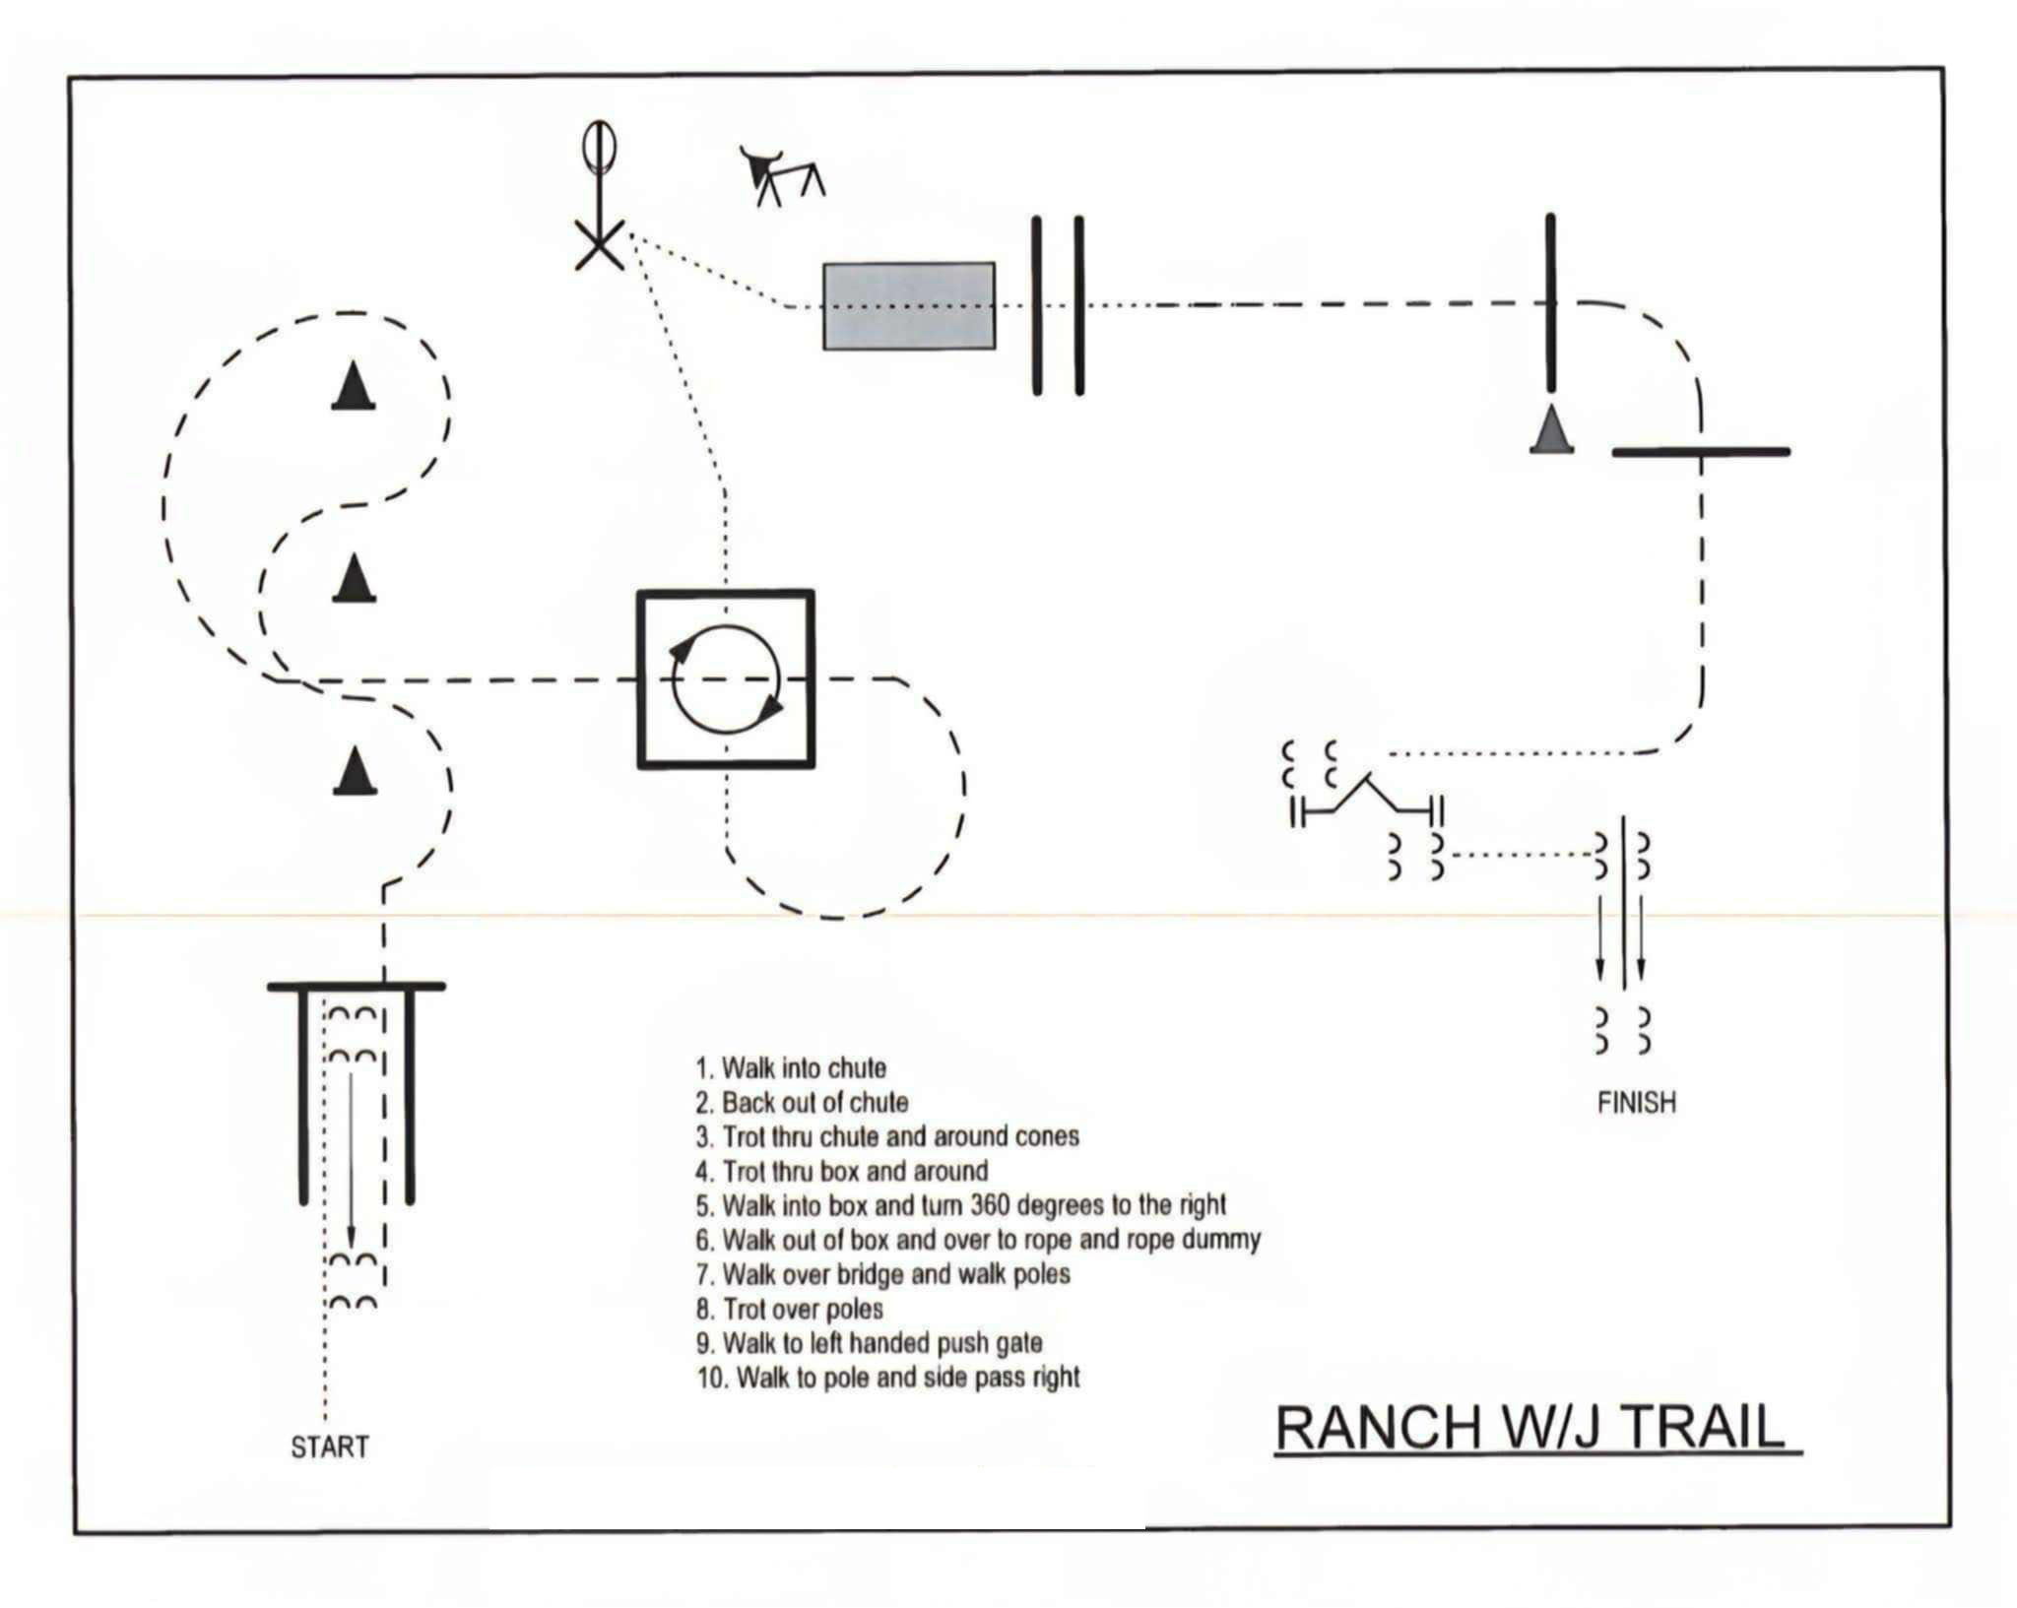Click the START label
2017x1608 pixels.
click(329, 1447)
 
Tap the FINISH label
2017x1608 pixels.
click(1636, 1102)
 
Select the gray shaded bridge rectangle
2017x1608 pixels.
click(908, 305)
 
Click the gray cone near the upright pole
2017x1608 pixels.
click(1551, 430)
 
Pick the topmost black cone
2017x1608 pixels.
click(354, 385)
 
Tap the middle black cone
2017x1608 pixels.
click(354, 578)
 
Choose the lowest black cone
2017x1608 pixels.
click(355, 770)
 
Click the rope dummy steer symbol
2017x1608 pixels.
click(781, 175)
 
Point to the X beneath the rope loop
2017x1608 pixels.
click(599, 243)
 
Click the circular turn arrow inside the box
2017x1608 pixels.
click(726, 679)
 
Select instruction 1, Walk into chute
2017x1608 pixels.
click(791, 1068)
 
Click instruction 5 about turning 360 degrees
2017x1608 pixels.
click(961, 1205)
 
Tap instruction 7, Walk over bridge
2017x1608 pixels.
click(883, 1274)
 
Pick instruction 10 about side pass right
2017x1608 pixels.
click(888, 1377)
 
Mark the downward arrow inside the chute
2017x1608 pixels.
click(351, 1162)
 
